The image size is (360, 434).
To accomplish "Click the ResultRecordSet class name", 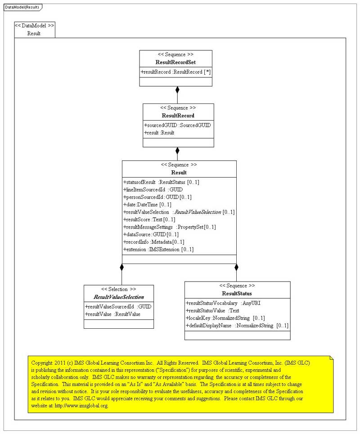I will [175, 62].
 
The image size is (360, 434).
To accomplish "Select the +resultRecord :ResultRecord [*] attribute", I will [175, 72].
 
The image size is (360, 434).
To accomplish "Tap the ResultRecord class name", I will [178, 116].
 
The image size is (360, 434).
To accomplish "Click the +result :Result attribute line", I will [159, 133].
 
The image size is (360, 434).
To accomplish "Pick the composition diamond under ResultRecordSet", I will [177, 89].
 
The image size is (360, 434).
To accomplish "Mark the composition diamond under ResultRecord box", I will [177, 151].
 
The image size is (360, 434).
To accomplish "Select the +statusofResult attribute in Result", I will [161, 182].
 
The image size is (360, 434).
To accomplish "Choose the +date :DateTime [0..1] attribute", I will [147, 204].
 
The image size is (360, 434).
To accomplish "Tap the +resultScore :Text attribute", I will [149, 219].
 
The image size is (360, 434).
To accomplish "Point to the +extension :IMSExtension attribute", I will [158, 249].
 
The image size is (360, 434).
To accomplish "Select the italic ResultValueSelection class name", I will [118, 297].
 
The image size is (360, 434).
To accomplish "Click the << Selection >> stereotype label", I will [118, 289].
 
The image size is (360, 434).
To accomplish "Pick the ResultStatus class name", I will [237, 294].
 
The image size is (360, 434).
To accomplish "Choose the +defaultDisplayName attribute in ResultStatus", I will [237, 326].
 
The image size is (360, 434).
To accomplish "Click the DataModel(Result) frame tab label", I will [22, 7].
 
